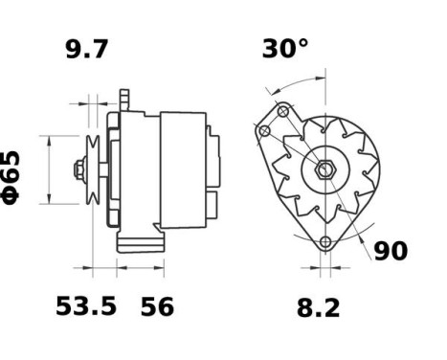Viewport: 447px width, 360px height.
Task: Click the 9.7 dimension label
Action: [x=87, y=50]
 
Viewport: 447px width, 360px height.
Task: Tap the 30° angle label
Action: [x=285, y=50]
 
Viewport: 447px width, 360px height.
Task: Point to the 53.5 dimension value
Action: [x=86, y=306]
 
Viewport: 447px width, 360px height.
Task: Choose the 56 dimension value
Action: [x=157, y=306]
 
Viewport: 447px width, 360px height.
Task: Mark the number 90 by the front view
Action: [x=390, y=251]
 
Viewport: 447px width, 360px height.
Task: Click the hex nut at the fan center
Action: [x=325, y=172]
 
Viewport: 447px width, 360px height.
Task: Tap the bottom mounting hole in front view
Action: [x=325, y=241]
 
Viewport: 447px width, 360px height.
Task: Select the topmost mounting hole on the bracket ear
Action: [x=283, y=112]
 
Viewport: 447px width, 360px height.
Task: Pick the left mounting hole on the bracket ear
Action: [x=264, y=128]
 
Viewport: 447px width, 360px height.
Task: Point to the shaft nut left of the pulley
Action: [x=75, y=171]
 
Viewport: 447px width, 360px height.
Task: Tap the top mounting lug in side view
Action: [x=123, y=100]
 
